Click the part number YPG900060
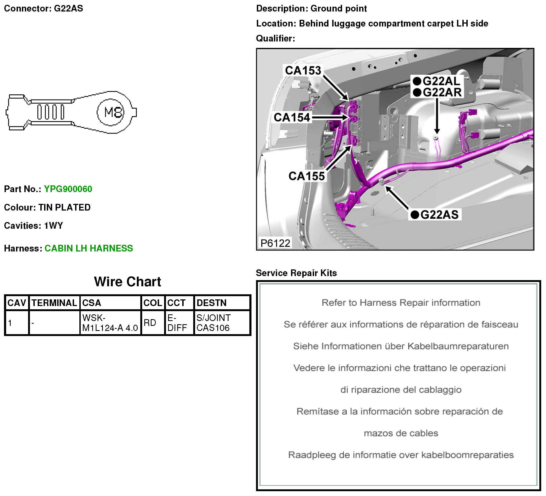coord(68,189)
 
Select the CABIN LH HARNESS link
coord(89,249)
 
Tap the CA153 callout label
coord(303,71)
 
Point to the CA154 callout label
coord(292,117)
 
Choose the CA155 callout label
coord(307,176)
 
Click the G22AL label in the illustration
coord(441,81)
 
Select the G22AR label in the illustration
coord(442,93)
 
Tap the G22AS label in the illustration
coord(439,215)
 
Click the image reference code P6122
coord(275,243)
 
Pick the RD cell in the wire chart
coord(150,323)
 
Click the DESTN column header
coord(211,303)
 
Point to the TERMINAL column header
coord(54,303)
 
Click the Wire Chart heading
coord(127,282)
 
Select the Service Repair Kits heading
coord(296,273)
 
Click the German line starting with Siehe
coord(401,346)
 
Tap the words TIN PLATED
coord(64,207)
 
